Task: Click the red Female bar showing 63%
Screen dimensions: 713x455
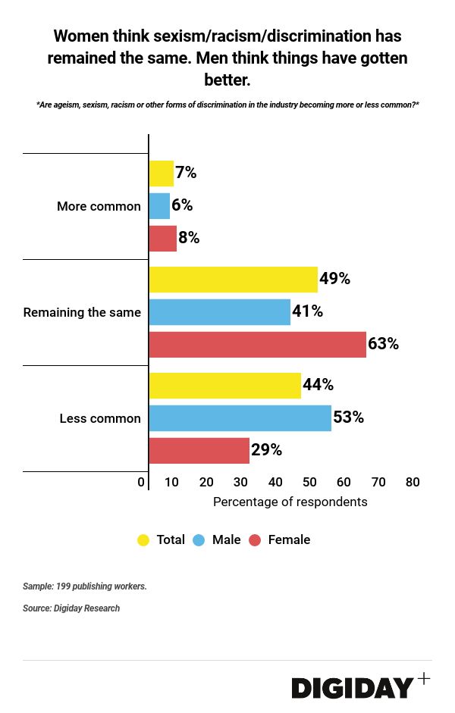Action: click(x=257, y=344)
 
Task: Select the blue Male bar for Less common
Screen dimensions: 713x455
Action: click(x=240, y=417)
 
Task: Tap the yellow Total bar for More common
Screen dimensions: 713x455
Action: click(x=161, y=173)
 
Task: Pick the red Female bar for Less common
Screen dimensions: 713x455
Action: click(x=199, y=450)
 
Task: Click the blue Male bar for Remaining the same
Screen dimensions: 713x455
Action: click(x=219, y=311)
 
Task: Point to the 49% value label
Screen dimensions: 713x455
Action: click(x=334, y=279)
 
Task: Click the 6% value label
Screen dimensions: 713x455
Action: click(x=182, y=205)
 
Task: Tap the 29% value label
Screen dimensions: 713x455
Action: click(x=266, y=450)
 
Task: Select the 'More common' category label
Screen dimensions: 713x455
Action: click(x=99, y=206)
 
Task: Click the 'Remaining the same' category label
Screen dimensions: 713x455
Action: click(x=82, y=312)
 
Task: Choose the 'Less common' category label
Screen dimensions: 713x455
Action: click(x=100, y=418)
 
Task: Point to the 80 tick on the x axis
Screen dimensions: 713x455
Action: click(x=413, y=483)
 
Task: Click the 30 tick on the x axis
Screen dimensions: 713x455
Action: click(x=240, y=483)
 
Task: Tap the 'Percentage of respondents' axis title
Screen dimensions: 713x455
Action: click(x=290, y=502)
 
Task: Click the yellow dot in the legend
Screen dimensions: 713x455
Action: click(x=143, y=540)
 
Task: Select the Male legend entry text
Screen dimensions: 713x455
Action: click(x=226, y=540)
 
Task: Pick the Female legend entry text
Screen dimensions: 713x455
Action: click(x=289, y=540)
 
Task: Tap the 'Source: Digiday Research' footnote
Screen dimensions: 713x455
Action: click(x=71, y=608)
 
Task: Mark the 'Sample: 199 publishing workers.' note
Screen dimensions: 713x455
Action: click(x=84, y=586)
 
